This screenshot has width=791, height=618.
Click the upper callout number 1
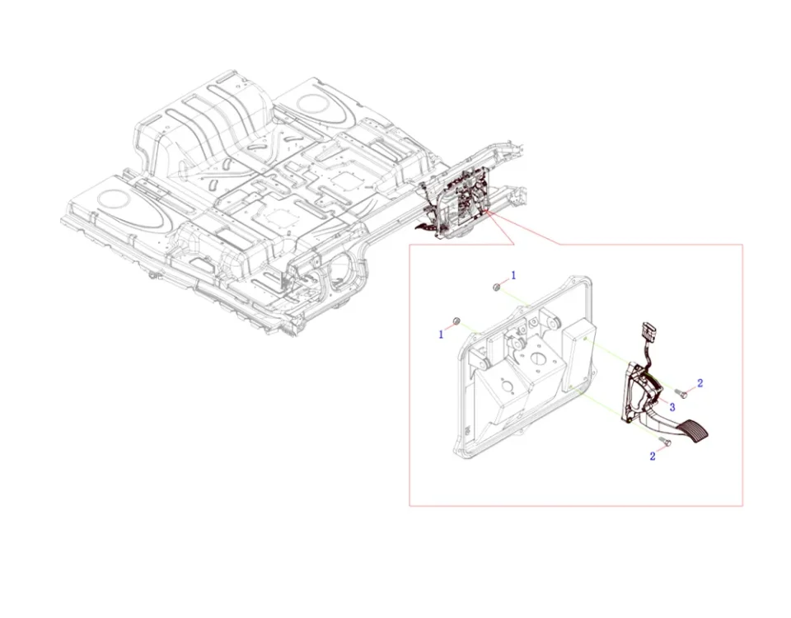[x=514, y=274]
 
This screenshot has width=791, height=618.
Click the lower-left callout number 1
[x=441, y=334]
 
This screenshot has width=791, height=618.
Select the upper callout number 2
[x=700, y=383]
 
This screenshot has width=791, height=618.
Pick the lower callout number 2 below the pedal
[x=653, y=456]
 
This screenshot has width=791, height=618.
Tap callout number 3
[x=672, y=407]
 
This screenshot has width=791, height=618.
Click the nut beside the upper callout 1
[x=497, y=287]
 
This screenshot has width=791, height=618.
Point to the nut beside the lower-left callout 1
[x=456, y=321]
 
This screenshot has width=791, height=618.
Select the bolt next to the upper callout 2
[x=681, y=391]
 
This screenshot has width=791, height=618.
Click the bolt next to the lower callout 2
[x=667, y=443]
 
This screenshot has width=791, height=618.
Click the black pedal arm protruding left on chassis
[x=427, y=222]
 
